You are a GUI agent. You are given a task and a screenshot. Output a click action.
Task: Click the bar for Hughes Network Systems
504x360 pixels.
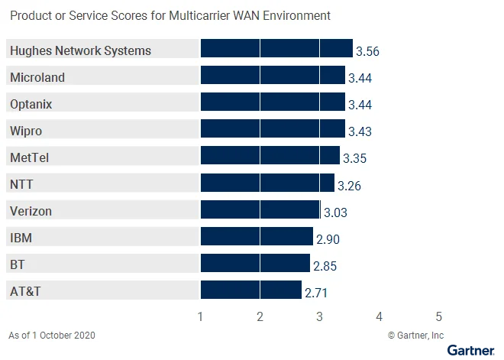pyautogui.click(x=276, y=50)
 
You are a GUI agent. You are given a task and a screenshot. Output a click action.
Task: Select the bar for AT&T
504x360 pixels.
pyautogui.click(x=250, y=290)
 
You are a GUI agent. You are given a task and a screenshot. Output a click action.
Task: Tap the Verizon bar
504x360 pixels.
pyautogui.click(x=260, y=210)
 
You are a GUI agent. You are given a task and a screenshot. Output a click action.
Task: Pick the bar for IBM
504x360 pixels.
pyautogui.click(x=257, y=237)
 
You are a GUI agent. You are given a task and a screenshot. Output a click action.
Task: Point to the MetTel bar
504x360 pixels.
pyautogui.click(x=270, y=157)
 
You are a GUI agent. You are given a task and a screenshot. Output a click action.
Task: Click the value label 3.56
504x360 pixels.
pyautogui.click(x=367, y=52)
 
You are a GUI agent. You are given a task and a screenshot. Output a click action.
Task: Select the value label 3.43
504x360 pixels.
pyautogui.click(x=360, y=131)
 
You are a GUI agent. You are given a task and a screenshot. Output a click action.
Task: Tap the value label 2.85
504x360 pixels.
pyautogui.click(x=325, y=266)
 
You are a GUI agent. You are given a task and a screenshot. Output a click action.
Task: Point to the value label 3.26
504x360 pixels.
pyautogui.click(x=349, y=185)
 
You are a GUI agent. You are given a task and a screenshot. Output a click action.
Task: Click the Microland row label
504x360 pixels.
pyautogui.click(x=37, y=77)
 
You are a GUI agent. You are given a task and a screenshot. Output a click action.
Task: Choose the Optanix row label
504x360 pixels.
pyautogui.click(x=31, y=104)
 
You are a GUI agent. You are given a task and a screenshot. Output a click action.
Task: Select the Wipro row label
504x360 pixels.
pyautogui.click(x=25, y=131)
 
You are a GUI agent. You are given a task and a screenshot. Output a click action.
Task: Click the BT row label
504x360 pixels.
pyautogui.click(x=18, y=264)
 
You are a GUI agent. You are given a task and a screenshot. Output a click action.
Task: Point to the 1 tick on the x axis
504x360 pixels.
pyautogui.click(x=200, y=316)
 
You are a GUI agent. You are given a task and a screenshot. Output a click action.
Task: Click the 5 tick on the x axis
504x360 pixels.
pyautogui.click(x=439, y=316)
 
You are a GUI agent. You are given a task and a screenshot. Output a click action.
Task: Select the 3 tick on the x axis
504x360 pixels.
pyautogui.click(x=319, y=316)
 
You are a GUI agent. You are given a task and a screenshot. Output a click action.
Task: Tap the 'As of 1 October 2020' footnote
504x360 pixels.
pyautogui.click(x=53, y=335)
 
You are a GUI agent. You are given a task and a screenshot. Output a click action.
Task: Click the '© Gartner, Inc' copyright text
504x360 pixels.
pyautogui.click(x=415, y=335)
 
